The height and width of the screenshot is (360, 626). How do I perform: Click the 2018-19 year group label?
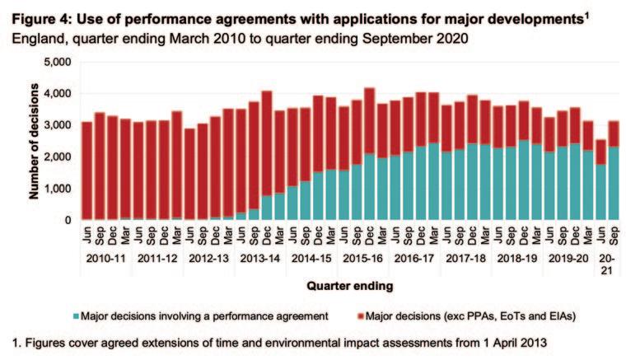pyautogui.click(x=515, y=259)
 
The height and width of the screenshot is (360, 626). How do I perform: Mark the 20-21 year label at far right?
pyautogui.click(x=607, y=264)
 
